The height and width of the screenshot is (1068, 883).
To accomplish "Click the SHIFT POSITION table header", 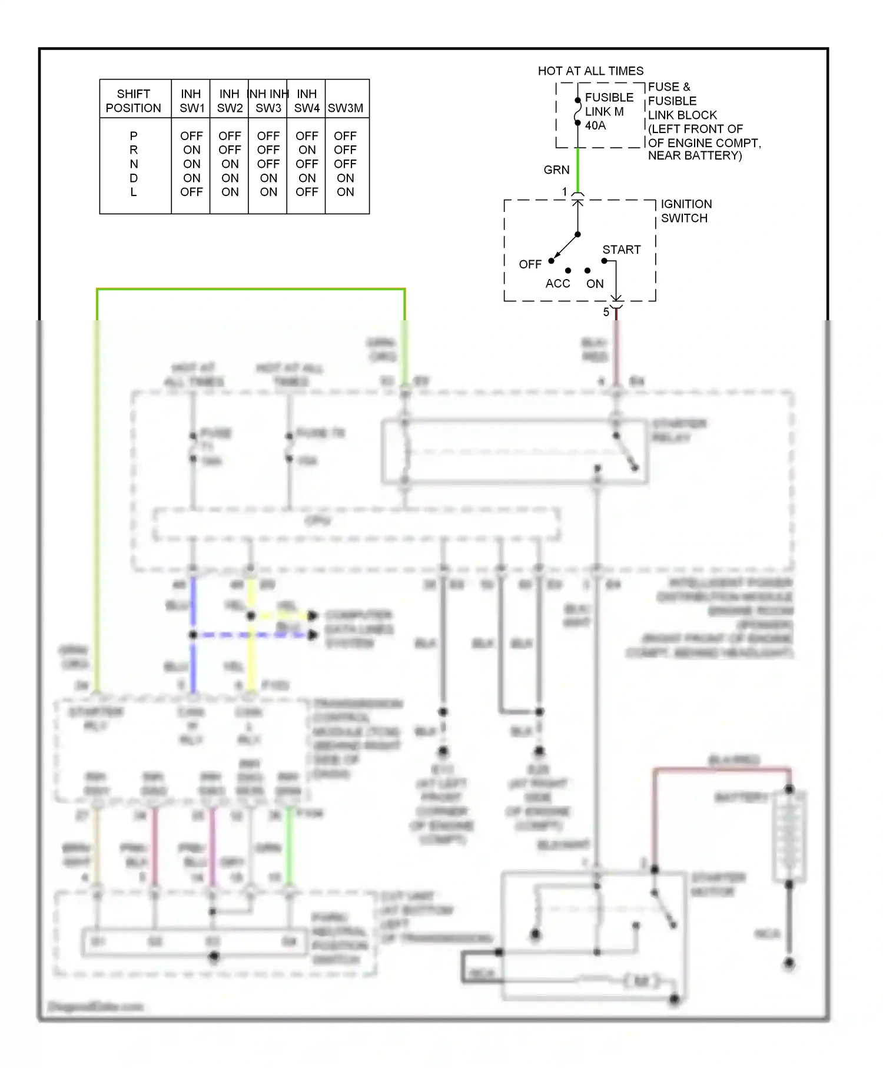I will click(x=133, y=101).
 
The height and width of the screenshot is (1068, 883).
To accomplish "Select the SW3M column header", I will click(x=346, y=108).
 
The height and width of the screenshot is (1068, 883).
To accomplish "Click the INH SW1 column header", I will click(x=191, y=101).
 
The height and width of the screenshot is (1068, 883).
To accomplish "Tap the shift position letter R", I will click(x=134, y=150).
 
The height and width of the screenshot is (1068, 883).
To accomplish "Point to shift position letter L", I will click(x=134, y=192).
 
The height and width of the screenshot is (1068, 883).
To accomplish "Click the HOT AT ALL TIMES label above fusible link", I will click(x=590, y=71).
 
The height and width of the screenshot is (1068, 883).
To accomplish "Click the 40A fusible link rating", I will click(x=595, y=125).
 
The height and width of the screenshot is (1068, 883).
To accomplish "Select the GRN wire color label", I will click(x=556, y=170).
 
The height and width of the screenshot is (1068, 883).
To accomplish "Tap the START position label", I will click(x=621, y=250).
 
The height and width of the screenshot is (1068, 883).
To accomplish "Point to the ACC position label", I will click(x=557, y=284).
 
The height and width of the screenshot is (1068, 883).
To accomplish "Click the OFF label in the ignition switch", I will click(x=530, y=264).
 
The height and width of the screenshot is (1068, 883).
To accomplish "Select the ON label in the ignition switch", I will click(x=595, y=284).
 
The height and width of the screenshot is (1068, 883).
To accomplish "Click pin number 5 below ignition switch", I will click(x=606, y=312).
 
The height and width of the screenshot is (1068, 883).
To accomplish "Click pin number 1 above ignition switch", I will click(x=565, y=191).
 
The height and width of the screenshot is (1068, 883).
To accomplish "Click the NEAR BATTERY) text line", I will click(x=695, y=155).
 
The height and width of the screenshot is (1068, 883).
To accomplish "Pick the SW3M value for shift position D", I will click(x=345, y=178).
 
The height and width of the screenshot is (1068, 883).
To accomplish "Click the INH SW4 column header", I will click(x=307, y=101).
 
